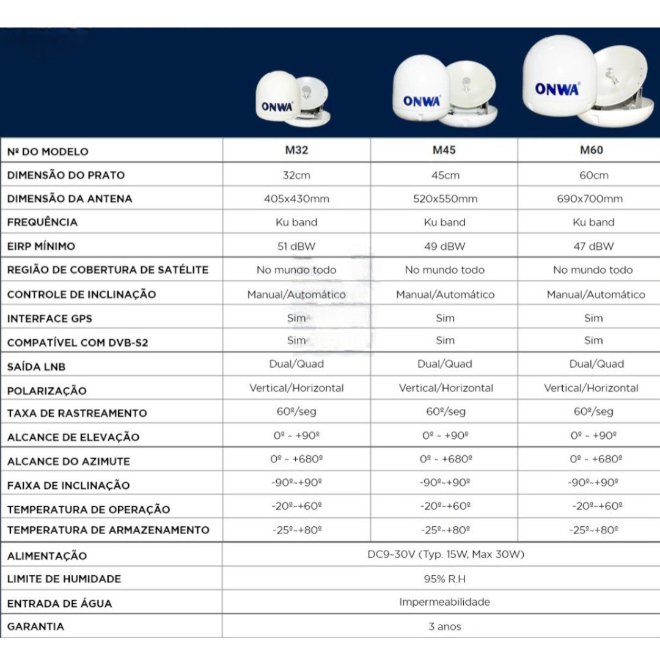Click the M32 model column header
point(296,150)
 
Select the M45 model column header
point(444,150)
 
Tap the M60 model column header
point(592,150)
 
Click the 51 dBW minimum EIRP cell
point(296,246)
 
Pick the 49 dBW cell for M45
point(444,246)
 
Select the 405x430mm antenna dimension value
point(296,199)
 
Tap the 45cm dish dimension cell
point(444,175)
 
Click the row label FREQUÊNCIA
point(42,222)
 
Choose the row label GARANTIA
point(35,626)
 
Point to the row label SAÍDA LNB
point(36,367)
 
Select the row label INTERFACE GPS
point(50,318)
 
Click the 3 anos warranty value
point(444,626)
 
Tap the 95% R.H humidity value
point(444,579)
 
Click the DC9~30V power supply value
point(444,555)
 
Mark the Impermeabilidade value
point(444,602)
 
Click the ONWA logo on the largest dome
point(557,89)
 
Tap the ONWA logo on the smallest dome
point(277,106)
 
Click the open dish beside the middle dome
point(471,89)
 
